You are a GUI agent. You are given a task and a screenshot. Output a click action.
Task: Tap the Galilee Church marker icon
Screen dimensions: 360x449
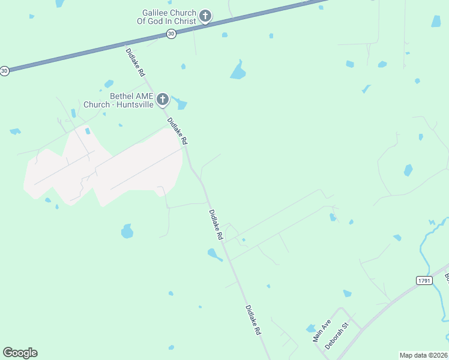(205, 16)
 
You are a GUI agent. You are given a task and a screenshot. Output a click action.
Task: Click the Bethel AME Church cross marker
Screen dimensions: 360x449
(163, 100)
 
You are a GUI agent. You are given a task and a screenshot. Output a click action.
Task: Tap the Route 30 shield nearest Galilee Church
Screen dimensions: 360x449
(172, 34)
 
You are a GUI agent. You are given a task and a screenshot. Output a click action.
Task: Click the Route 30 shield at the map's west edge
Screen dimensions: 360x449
(5, 71)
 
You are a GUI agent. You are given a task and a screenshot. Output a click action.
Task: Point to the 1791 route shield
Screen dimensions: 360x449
(424, 280)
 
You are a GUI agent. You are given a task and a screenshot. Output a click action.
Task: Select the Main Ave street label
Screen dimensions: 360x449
(322, 330)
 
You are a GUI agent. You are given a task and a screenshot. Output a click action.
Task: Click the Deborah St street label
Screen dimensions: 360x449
(337, 337)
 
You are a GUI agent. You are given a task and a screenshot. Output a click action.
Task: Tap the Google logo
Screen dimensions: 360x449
(20, 353)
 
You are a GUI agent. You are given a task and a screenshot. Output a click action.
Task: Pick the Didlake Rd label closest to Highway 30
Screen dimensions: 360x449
(135, 62)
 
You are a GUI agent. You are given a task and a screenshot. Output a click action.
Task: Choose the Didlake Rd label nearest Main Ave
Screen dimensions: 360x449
(253, 320)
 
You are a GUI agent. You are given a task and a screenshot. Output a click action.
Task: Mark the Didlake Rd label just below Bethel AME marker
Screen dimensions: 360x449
(178, 131)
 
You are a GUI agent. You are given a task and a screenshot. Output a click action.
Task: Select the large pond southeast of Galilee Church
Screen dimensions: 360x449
(238, 72)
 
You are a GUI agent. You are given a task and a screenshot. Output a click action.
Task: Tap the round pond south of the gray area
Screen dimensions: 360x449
(127, 231)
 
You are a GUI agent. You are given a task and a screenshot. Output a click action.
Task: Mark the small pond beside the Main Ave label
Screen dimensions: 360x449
(310, 328)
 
